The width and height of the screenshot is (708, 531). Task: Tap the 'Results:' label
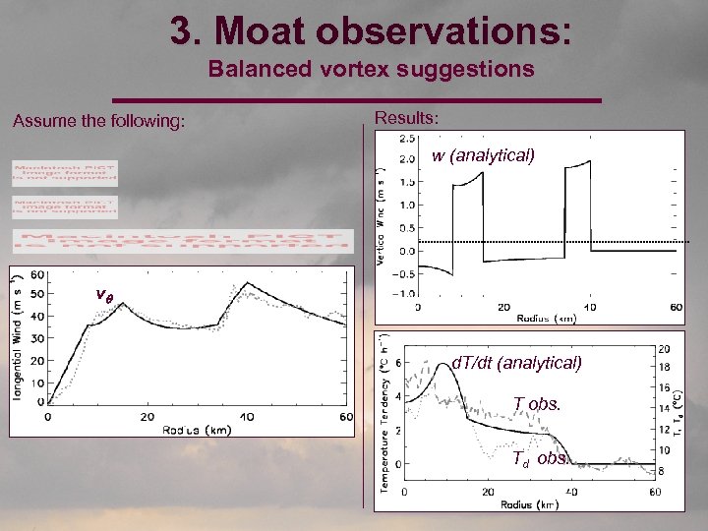[x=406, y=118]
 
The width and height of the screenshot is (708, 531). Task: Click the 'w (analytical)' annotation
[x=483, y=155]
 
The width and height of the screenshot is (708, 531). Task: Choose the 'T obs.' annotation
[x=536, y=403]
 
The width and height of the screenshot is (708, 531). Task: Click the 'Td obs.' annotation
[x=540, y=459]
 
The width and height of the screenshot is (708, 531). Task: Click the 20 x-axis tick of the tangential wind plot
[x=147, y=417]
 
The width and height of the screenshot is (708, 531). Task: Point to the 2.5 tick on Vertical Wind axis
[x=405, y=139]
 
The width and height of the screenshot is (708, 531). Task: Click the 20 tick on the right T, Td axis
[x=664, y=349]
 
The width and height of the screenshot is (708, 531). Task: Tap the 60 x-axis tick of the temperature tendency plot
[x=655, y=492]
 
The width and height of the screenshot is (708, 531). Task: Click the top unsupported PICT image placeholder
[x=65, y=173]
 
